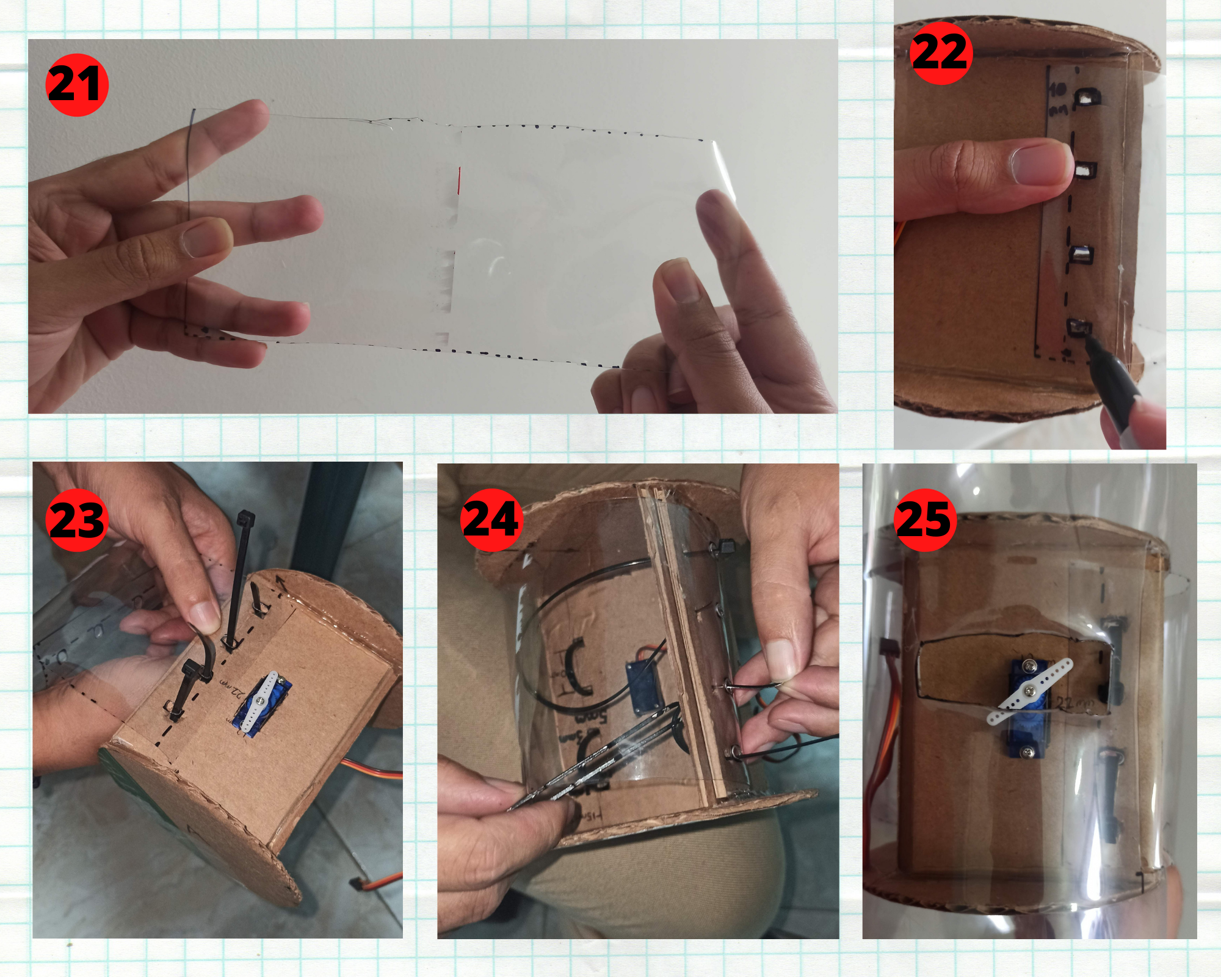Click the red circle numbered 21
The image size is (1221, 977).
pos(77,85)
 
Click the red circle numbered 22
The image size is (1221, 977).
pos(941,53)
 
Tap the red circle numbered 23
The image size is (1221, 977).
pos(77,520)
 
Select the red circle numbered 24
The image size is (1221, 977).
pos(491,520)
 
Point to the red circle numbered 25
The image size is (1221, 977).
pos(925,520)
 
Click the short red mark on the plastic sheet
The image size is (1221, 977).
pos(459,181)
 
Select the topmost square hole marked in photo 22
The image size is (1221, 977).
pos(1087,96)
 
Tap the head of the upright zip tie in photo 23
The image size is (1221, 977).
pos(245,520)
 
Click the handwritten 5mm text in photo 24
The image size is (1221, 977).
pos(589,717)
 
